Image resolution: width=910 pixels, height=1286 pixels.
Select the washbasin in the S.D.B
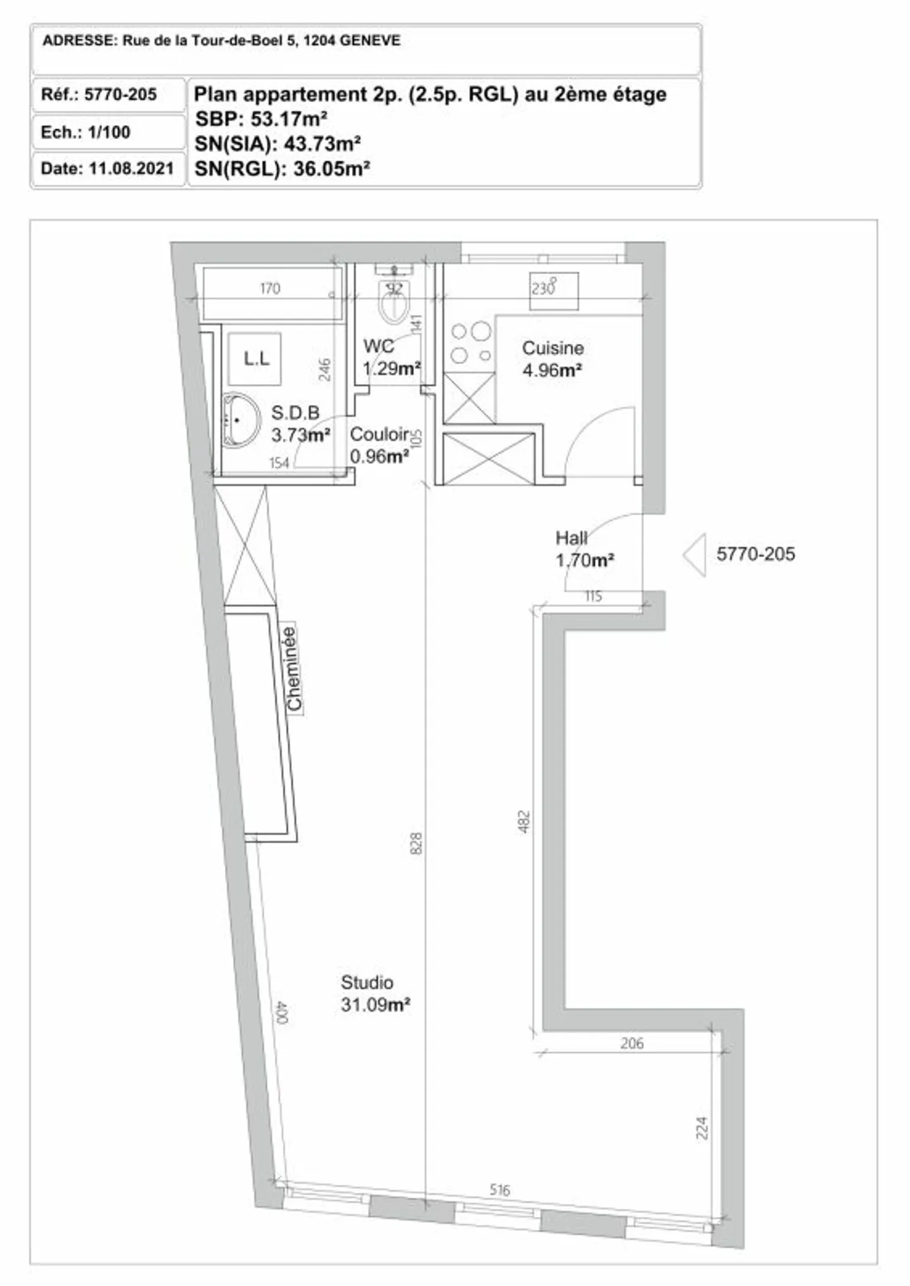click(x=241, y=420)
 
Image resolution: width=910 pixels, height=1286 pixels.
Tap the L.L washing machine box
click(x=255, y=359)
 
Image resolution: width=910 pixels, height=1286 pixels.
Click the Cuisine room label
click(x=553, y=348)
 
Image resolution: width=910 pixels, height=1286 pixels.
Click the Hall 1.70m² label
click(x=585, y=549)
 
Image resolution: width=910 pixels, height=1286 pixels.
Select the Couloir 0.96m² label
click(x=380, y=445)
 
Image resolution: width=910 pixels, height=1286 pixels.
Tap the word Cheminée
click(x=293, y=668)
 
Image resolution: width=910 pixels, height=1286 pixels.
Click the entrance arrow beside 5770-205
click(x=695, y=554)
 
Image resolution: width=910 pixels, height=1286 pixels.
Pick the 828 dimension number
click(x=416, y=844)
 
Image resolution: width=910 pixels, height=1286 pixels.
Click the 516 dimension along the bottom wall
click(x=499, y=1190)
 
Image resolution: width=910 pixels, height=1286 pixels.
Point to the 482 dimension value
click(x=524, y=822)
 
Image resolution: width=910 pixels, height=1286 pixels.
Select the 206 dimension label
click(x=632, y=1043)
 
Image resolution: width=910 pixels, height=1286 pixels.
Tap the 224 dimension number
click(x=701, y=1129)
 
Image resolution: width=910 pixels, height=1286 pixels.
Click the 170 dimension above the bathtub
click(x=270, y=289)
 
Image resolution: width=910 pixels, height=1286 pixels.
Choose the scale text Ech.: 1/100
click(x=85, y=132)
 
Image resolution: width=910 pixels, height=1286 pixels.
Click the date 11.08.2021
click(x=131, y=169)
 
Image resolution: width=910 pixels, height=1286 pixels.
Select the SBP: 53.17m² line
click(x=261, y=119)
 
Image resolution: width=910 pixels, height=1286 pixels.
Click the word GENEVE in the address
click(x=370, y=41)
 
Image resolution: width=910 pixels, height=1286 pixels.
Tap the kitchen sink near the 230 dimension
click(x=554, y=291)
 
